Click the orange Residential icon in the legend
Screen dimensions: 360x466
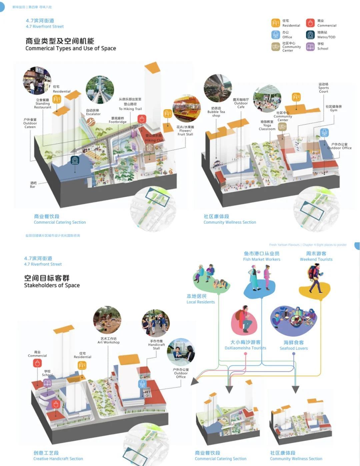[276, 23]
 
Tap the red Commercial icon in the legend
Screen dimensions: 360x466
[310, 23]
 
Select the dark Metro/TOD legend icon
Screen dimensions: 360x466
[310, 35]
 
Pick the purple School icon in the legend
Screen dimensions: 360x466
[310, 46]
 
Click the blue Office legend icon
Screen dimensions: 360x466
[276, 35]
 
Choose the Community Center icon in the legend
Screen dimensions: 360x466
[276, 47]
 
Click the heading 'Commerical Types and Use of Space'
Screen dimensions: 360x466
[71, 48]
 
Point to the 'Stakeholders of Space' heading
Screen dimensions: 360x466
[52, 285]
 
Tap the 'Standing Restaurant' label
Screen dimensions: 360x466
[43, 104]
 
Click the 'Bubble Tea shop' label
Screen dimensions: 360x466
[216, 112]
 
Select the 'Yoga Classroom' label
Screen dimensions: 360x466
[267, 126]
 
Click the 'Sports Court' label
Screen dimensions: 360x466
[323, 88]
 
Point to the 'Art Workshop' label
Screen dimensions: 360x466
[108, 340]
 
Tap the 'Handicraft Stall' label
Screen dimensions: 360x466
[156, 345]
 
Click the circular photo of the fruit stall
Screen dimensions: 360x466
[187, 108]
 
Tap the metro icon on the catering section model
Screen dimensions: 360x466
[75, 161]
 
